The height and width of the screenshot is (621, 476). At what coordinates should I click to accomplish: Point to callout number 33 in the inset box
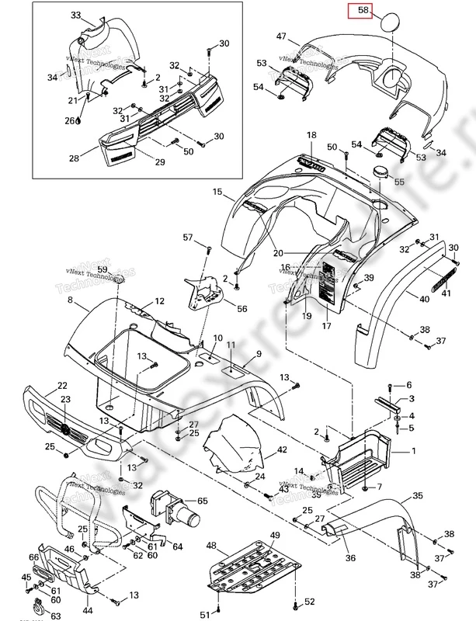pyautogui.click(x=75, y=16)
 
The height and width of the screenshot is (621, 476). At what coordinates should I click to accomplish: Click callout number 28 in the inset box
pyautogui.click(x=75, y=158)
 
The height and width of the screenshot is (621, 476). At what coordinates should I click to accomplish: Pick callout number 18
pyautogui.click(x=311, y=135)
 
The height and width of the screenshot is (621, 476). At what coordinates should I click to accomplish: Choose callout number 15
pyautogui.click(x=217, y=192)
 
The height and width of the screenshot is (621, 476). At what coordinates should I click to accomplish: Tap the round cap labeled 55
pyautogui.click(x=381, y=172)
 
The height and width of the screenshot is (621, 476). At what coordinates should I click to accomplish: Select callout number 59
pyautogui.click(x=124, y=269)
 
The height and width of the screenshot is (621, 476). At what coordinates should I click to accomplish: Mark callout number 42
pyautogui.click(x=282, y=449)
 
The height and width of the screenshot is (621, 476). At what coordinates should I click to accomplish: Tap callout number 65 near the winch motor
pyautogui.click(x=202, y=501)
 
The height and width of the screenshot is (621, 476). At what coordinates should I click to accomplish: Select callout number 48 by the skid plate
pyautogui.click(x=211, y=546)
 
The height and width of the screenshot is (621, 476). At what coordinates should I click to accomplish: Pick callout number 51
pyautogui.click(x=205, y=615)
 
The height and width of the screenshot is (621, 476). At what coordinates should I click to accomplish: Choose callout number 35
pyautogui.click(x=418, y=495)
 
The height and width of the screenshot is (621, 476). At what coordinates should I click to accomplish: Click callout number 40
pyautogui.click(x=423, y=299)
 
